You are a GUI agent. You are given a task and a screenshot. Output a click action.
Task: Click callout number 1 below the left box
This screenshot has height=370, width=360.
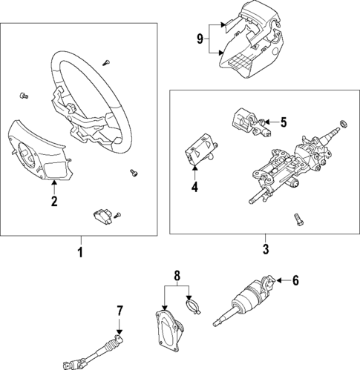coord(81,254)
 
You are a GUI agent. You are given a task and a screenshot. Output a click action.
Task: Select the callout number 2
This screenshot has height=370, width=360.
coord(53,201)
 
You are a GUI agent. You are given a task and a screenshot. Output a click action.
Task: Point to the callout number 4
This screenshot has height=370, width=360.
coord(194,188)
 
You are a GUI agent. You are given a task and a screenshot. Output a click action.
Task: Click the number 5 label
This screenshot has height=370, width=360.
coord(282,121)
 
